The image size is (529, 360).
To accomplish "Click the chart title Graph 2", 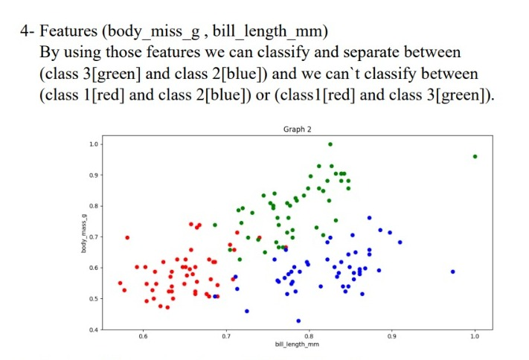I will pos(297,129).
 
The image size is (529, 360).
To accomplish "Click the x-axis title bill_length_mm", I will pos(296,345).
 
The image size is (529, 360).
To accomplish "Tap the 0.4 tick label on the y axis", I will pos(93,330).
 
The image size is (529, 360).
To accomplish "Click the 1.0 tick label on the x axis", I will pos(475,337).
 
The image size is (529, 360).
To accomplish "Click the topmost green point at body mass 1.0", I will pos(330,144).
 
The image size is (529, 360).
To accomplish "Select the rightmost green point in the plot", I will pos(475,157).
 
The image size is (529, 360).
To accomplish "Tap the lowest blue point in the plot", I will pos(298,321).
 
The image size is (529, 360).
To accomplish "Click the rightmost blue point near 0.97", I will pos(452,271).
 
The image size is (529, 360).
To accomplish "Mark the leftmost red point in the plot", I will pos(121,283).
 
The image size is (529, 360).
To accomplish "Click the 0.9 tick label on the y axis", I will pos(93,175).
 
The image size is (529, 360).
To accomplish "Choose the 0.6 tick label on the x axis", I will pos(142,337).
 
